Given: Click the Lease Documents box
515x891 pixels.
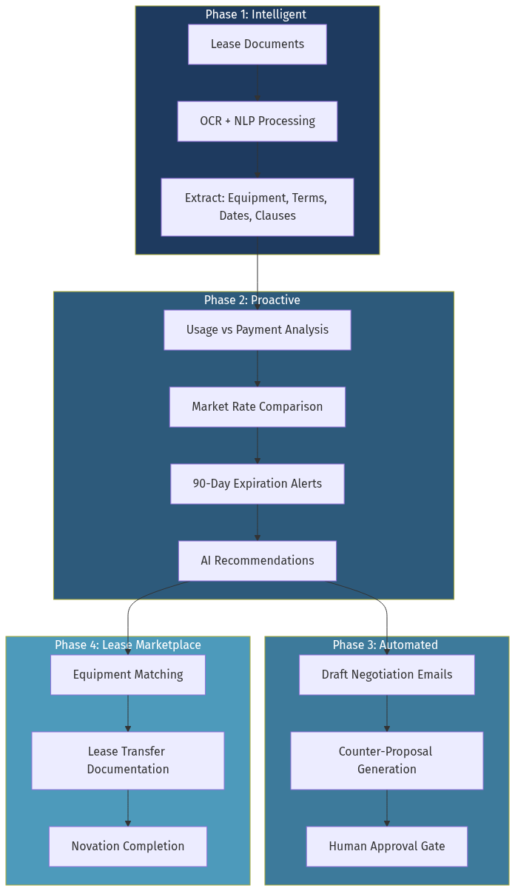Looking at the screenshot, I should [x=257, y=44].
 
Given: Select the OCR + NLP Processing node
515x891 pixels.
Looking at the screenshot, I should [x=257, y=121].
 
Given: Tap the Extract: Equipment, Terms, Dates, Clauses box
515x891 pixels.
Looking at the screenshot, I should [x=257, y=207].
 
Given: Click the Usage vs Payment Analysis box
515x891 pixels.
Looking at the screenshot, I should [x=257, y=330].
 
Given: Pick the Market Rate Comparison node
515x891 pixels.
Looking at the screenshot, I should [x=257, y=407].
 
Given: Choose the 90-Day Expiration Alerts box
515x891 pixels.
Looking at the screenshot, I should [x=257, y=484].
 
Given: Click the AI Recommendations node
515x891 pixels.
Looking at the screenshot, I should [x=257, y=561].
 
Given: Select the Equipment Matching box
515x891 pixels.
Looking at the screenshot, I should [x=127, y=675].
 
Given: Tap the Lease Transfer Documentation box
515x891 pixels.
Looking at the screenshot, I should [x=127, y=761].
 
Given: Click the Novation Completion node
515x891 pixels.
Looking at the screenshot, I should [x=127, y=847].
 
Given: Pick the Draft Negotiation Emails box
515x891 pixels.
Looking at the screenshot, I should [x=386, y=675].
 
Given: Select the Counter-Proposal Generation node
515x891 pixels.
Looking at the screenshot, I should [x=386, y=761].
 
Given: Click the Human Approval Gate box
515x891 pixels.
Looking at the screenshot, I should [x=386, y=847].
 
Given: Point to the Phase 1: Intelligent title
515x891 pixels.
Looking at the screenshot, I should [x=255, y=15].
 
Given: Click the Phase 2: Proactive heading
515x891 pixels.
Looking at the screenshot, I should [x=252, y=300].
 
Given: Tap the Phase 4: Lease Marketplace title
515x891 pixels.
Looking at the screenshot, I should [x=127, y=645].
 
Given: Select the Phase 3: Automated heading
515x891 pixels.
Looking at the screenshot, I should [x=385, y=645].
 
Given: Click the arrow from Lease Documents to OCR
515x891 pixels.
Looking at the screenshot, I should [x=257, y=83].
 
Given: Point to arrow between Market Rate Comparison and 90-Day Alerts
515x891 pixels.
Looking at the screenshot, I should [x=257, y=445].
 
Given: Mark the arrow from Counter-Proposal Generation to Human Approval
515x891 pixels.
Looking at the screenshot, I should [x=386, y=808].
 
